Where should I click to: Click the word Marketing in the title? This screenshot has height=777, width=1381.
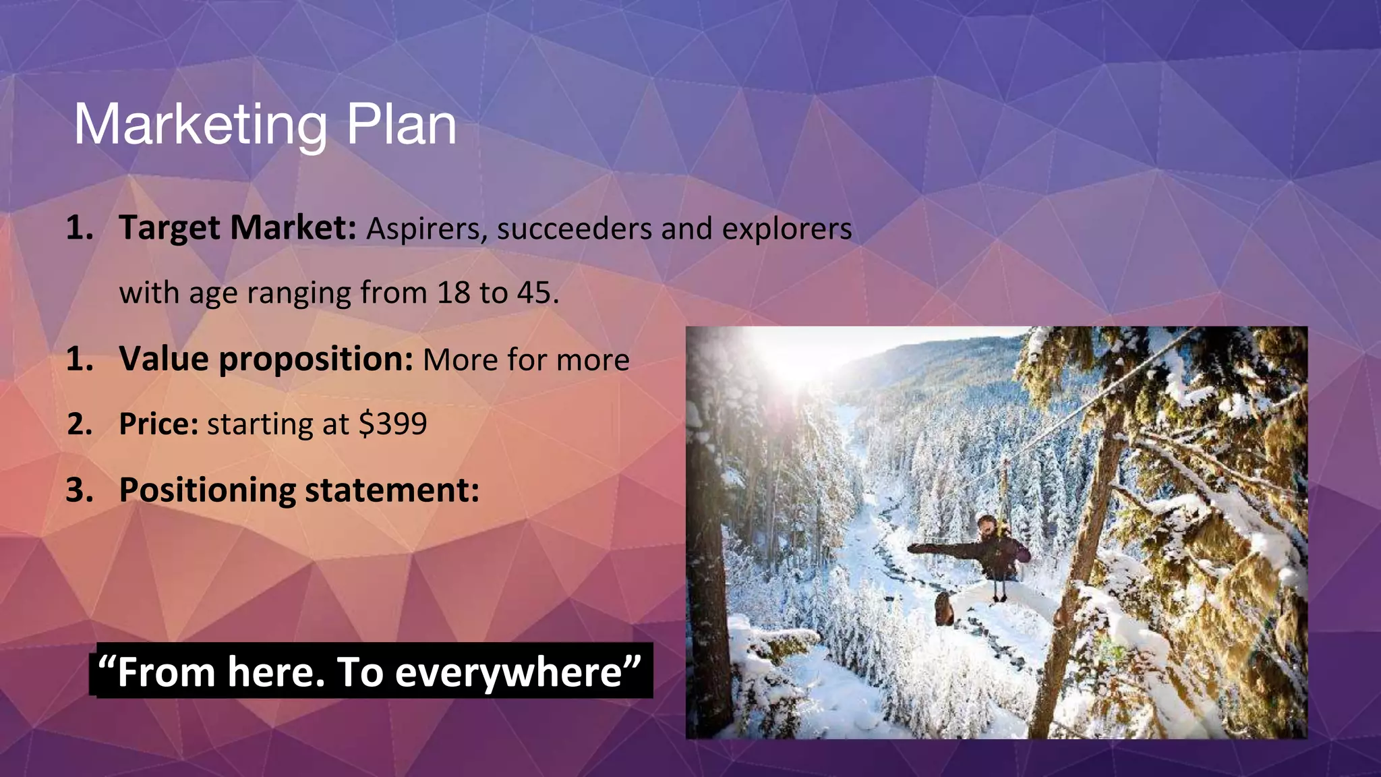coord(200,125)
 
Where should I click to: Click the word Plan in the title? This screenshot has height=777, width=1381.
coord(401,125)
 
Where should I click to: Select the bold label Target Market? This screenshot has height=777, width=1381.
coord(237,228)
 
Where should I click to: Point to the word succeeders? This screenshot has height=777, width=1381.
coord(575,229)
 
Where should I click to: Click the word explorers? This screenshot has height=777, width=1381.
coord(787,229)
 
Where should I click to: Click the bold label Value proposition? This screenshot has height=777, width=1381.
coord(266,359)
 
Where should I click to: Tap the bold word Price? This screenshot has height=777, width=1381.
coord(158,424)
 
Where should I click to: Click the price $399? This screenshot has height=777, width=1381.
coord(392,424)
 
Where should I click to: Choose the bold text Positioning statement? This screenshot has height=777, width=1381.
coord(299,490)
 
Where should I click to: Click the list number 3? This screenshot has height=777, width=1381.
coord(79,490)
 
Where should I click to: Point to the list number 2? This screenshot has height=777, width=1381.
coord(79,424)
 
